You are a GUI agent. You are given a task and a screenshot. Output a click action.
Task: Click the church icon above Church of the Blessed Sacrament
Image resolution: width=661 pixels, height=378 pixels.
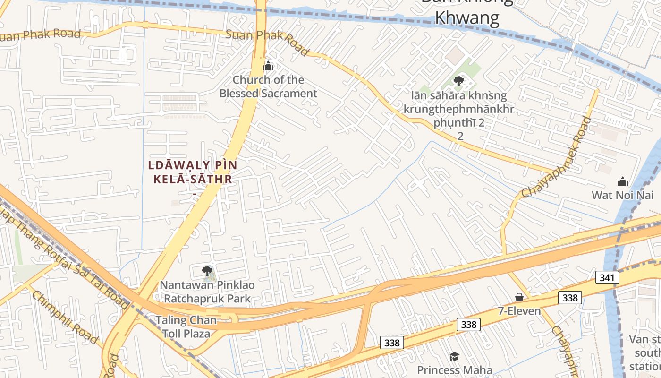[268, 66]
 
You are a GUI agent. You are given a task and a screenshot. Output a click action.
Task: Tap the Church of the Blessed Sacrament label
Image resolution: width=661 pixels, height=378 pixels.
[268, 86]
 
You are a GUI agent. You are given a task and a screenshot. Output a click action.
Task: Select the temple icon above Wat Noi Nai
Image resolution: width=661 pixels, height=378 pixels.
[623, 181]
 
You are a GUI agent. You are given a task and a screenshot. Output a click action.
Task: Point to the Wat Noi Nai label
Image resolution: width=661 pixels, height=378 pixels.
[623, 195]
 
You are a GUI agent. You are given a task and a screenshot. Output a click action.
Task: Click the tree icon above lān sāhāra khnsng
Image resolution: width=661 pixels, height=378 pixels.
[458, 81]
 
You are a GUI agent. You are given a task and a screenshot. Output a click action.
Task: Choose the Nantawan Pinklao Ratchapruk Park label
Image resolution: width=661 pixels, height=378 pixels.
[207, 292]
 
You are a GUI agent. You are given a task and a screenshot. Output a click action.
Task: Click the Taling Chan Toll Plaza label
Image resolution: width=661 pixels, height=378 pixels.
[186, 326]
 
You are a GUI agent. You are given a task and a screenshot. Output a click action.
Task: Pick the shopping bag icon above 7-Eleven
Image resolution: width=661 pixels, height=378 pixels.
[519, 297]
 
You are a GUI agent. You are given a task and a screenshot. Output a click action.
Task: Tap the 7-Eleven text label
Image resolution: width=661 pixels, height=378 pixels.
[519, 311]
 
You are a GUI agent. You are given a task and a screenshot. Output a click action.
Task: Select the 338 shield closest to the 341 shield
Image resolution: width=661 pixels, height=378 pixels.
[570, 297]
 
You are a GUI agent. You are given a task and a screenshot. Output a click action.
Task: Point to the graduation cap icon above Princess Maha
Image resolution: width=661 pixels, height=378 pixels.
[454, 356]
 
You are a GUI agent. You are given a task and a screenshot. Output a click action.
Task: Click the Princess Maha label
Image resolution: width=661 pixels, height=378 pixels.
[454, 370]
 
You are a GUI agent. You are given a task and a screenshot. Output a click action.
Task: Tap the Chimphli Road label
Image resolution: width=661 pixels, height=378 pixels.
[65, 318]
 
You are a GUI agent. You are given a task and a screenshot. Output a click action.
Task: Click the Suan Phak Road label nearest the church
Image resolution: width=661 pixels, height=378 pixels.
[267, 42]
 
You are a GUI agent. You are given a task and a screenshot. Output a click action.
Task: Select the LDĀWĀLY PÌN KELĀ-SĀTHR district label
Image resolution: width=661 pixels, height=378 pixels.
[192, 172]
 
